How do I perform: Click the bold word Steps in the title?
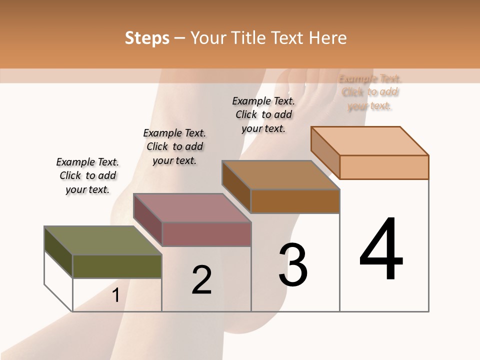coord(147,38)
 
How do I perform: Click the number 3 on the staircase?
coord(293,265)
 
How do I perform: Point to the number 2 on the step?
coord(202,280)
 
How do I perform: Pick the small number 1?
coord(116,295)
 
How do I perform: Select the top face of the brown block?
coord(280,175)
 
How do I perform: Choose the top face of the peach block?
coord(369,141)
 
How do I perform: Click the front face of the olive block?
coord(117,266)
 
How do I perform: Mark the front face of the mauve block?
coord(206,234)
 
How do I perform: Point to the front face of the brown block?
coord(295,201)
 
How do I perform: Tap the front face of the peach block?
coord(384,167)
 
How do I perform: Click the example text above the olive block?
coord(87,175)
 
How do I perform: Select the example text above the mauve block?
coord(174,146)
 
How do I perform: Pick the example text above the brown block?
coord(263,114)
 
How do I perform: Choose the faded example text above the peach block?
coord(370,92)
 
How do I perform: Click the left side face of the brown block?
coord(236,186)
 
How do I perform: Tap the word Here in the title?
coord(327,38)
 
